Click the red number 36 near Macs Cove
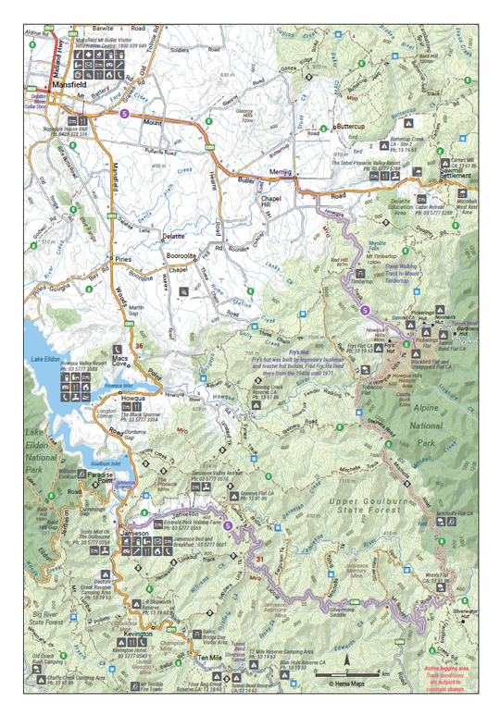[138, 346]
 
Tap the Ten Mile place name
[211, 657]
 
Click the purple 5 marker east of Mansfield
[124, 113]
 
